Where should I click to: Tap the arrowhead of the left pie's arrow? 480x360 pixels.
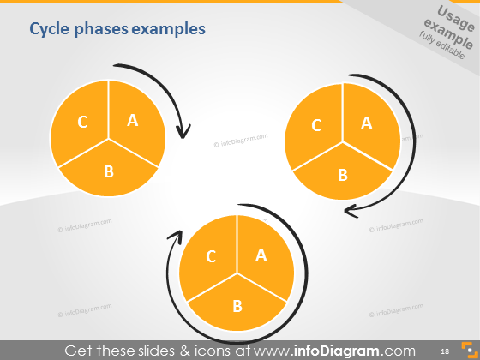(183, 132)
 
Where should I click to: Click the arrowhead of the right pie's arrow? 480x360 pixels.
(349, 210)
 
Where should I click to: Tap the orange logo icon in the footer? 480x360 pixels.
(467, 350)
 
